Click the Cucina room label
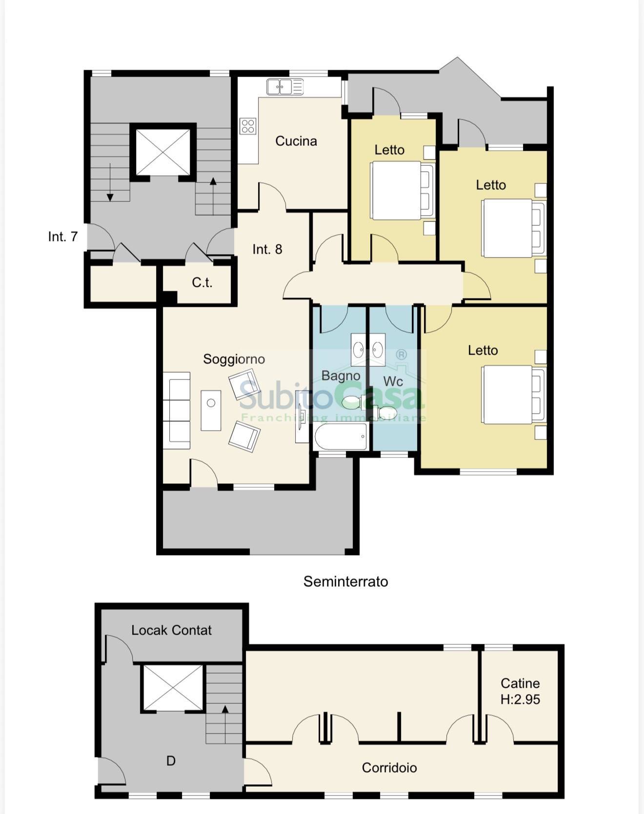click(296, 141)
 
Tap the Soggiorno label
click(234, 359)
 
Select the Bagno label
click(341, 376)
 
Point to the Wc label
click(393, 381)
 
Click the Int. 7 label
click(63, 237)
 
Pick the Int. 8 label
click(267, 249)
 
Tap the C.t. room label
click(202, 282)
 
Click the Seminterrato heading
click(346, 581)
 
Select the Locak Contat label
click(171, 630)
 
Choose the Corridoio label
click(389, 768)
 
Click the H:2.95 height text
click(520, 699)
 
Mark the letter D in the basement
click(171, 761)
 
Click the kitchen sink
click(285, 87)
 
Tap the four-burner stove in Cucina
click(248, 126)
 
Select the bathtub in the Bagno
click(341, 437)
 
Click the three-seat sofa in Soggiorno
click(176, 411)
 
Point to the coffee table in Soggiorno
click(211, 410)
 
